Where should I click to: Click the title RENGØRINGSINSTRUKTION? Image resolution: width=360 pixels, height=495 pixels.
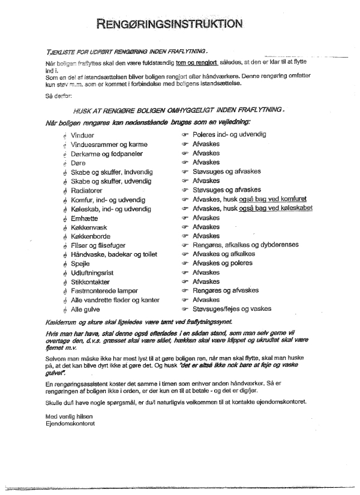tap(172, 24)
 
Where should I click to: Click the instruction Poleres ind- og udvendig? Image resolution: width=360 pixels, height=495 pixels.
tap(229, 135)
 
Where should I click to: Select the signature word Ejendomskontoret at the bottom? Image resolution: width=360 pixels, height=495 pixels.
tap(70, 423)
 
